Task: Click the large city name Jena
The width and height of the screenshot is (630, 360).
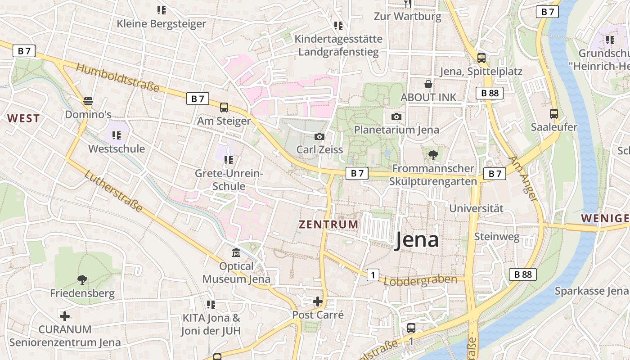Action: coord(417,240)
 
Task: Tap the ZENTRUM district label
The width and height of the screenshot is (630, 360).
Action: coord(329,224)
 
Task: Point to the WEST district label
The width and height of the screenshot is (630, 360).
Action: coord(23,118)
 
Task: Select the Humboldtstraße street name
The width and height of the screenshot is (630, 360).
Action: coord(117,78)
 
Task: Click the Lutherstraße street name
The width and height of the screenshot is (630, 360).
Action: coord(113,191)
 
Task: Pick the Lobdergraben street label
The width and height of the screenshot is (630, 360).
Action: coord(420,280)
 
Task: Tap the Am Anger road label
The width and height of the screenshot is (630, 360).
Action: coord(523,178)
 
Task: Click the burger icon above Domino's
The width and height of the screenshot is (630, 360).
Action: coord(88,101)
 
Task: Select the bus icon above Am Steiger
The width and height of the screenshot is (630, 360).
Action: coord(224,107)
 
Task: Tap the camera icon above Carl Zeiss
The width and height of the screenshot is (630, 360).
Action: coord(319,136)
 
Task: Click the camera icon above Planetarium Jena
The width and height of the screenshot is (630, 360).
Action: coord(396,117)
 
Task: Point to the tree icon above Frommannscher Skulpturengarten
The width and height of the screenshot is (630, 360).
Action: coord(433,155)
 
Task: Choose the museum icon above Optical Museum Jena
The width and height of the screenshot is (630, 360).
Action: coord(236,253)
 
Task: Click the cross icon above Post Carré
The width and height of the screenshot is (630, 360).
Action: coord(318,301)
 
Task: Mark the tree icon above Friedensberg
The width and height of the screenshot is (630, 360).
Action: coord(82,280)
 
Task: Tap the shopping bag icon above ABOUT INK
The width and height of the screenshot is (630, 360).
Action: coord(428,84)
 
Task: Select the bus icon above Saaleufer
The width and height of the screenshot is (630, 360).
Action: coord(554,114)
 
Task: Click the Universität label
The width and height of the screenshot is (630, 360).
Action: coord(477,208)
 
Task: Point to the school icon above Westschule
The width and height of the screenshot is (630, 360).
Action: coord(117,135)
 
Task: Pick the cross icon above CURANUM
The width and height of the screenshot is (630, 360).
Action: coord(65,316)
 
